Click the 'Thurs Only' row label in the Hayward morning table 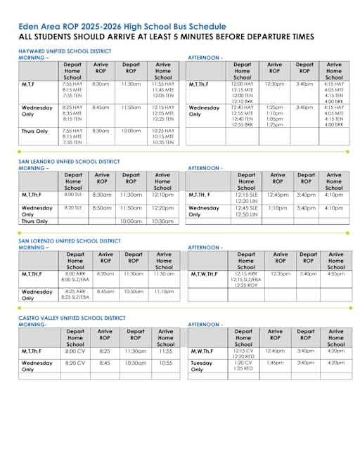coord(34,131)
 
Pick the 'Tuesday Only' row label coord(200,365)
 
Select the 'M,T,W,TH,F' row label coord(204,273)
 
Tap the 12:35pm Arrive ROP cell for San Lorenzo coord(280,273)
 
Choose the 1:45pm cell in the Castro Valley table coord(275,363)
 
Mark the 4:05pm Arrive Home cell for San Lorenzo coord(335,273)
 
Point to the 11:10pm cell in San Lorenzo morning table coord(164,291)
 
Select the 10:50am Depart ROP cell coord(134,291)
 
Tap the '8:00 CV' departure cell coord(75,350)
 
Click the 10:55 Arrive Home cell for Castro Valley coord(165,363)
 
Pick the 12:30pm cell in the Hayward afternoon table coord(274,84)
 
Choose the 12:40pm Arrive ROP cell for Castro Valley coord(275,350)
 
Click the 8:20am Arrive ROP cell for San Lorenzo coord(105,273)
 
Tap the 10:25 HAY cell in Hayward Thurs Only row coord(162,131)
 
